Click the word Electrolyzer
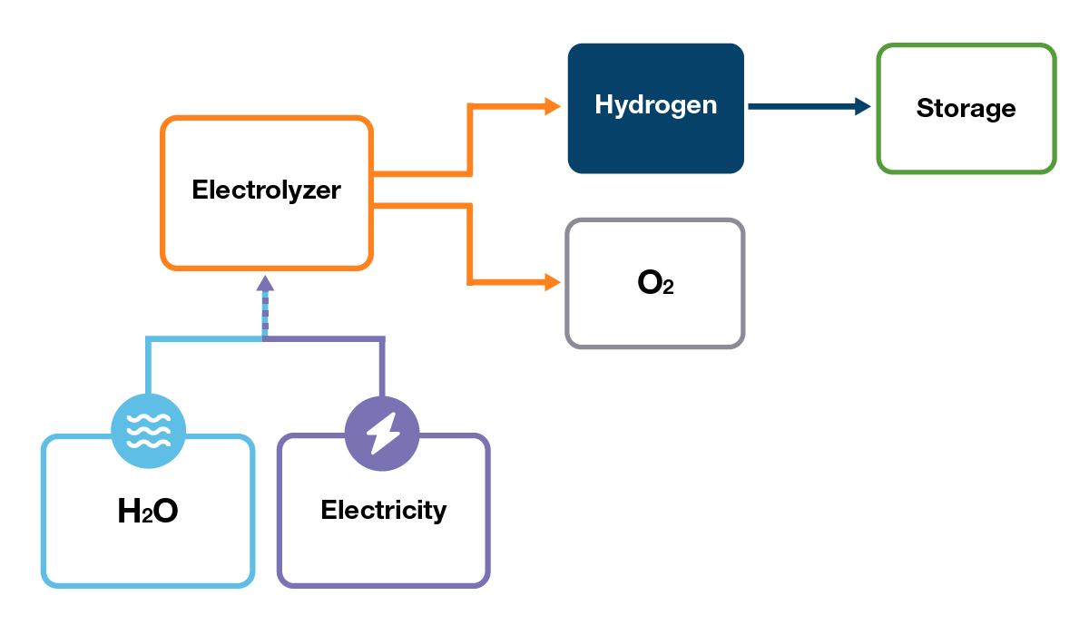point(266,190)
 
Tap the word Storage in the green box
point(966,109)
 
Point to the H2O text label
point(148,512)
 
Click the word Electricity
point(383,510)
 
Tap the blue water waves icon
point(148,431)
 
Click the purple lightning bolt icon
point(382,431)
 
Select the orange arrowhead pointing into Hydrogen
point(553,106)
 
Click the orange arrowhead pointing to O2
point(553,282)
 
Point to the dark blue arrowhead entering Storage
point(862,107)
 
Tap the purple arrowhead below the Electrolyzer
point(265,283)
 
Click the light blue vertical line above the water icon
point(148,367)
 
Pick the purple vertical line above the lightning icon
point(382,367)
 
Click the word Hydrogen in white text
point(655,105)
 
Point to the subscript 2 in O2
point(668,289)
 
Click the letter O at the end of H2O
point(164,512)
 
